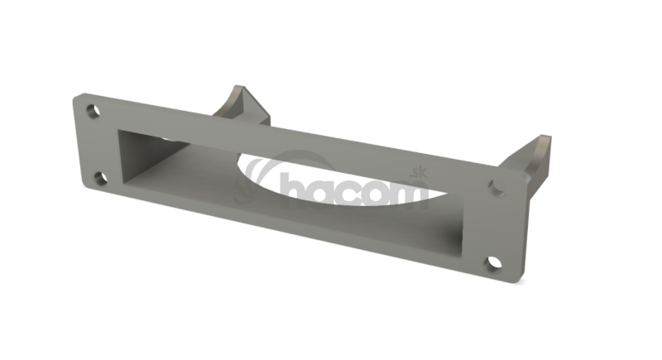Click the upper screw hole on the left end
pos(93,111)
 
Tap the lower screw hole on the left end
pos(100,179)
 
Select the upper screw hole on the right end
pos(496,187)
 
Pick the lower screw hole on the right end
pos(492,263)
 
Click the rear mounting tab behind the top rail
pos(242,105)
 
